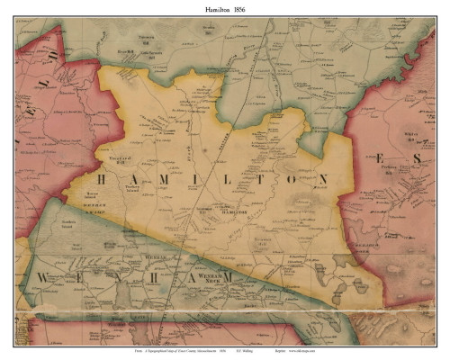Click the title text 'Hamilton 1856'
[x=224, y=8]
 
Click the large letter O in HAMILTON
[x=292, y=180]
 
